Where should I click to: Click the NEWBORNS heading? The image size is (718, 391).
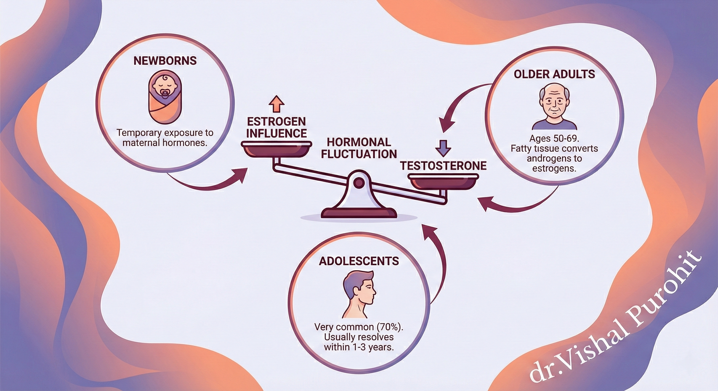point(165,61)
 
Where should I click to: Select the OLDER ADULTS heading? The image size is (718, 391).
point(554,74)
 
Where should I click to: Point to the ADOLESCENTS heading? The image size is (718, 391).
point(359,261)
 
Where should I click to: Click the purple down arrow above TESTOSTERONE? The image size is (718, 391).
point(443,148)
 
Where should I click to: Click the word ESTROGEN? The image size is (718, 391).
point(276,122)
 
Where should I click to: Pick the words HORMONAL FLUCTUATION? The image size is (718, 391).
point(359,148)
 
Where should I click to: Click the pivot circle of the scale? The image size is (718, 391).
point(359,183)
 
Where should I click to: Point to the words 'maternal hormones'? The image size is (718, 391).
point(165,143)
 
